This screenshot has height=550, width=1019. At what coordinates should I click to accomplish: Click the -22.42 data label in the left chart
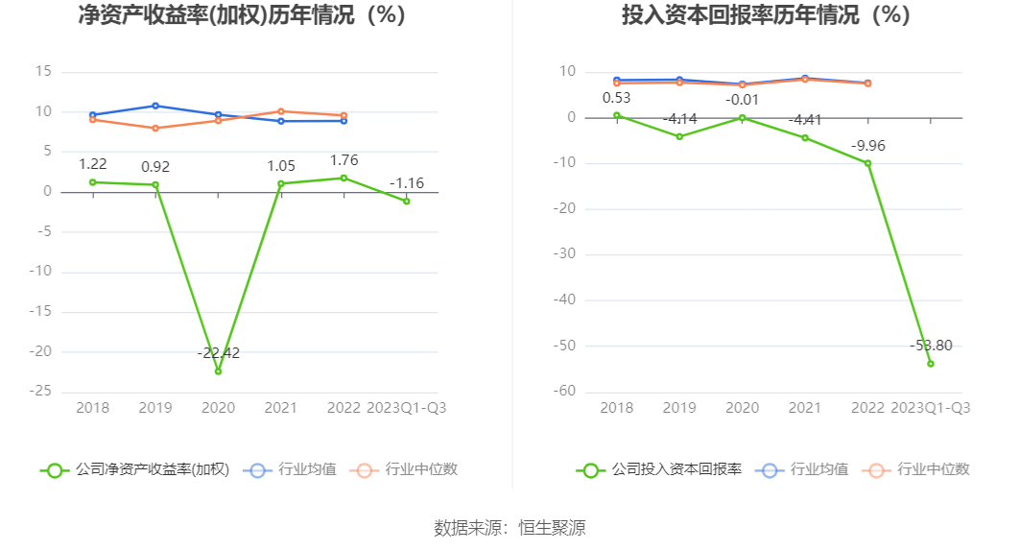[x=219, y=353]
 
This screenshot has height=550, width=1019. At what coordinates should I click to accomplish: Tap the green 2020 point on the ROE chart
[x=218, y=371]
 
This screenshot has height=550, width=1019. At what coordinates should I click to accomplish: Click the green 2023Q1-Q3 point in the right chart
[x=930, y=363]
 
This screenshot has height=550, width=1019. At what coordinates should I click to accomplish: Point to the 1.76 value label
[x=343, y=160]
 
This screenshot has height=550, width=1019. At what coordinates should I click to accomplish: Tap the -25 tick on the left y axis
[x=41, y=392]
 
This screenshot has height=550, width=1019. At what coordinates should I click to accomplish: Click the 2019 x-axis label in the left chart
[x=155, y=408]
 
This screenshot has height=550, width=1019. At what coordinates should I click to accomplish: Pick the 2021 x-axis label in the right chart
[x=805, y=408]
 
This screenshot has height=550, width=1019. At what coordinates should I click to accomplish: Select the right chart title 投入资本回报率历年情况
[x=765, y=15]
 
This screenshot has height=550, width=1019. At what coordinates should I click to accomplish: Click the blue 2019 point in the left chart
[x=155, y=106]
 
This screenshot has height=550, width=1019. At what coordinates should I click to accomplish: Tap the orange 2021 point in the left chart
[x=280, y=111]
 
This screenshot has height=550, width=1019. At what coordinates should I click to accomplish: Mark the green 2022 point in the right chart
[x=867, y=163]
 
